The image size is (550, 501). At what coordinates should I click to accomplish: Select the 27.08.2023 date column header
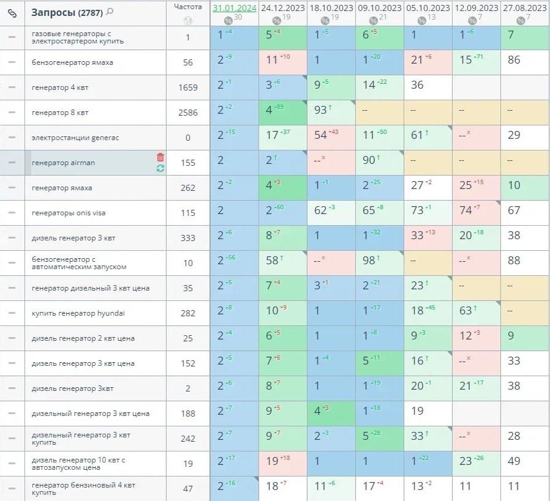(x=524, y=8)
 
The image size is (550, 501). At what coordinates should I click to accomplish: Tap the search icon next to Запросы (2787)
(x=110, y=12)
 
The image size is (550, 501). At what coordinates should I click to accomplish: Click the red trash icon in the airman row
(x=160, y=157)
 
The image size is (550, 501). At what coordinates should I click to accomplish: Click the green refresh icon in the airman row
(x=160, y=168)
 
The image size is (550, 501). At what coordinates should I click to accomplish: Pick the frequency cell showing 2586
(x=188, y=113)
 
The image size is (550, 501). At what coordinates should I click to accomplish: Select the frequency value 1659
(x=188, y=87)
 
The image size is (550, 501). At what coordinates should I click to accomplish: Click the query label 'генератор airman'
(x=63, y=163)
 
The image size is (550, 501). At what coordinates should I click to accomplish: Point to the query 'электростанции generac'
(x=75, y=138)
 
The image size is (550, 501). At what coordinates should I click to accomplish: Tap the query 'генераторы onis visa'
(x=69, y=213)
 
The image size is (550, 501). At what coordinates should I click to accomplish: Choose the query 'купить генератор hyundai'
(x=78, y=313)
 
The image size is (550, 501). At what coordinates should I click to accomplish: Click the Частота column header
(x=187, y=7)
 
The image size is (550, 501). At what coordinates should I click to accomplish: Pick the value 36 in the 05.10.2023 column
(x=417, y=86)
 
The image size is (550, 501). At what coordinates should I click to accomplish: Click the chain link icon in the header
(x=12, y=12)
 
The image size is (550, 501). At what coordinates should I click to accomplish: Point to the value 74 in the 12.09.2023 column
(x=466, y=211)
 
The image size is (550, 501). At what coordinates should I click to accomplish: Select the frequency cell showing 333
(x=188, y=238)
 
